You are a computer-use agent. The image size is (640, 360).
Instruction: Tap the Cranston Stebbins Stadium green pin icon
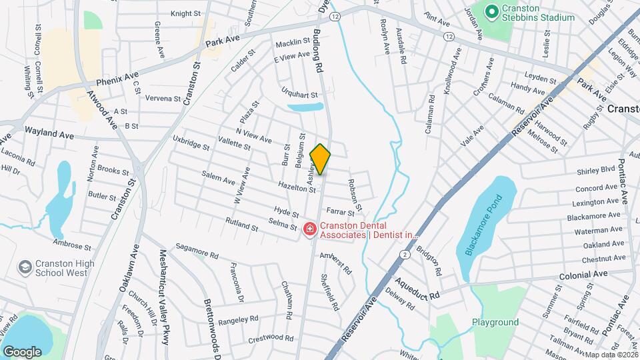pyautogui.click(x=493, y=11)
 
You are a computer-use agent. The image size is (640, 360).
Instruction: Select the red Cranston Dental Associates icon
pyautogui.click(x=309, y=229)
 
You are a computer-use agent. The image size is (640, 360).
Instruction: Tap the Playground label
pyautogui.click(x=495, y=323)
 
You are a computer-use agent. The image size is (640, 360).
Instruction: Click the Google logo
pyautogui.click(x=23, y=351)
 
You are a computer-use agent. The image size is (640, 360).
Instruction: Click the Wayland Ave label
pyautogui.click(x=49, y=135)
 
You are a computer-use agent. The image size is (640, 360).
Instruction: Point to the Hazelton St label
pyautogui.click(x=297, y=189)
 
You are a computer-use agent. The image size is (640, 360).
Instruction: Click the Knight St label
pyautogui.click(x=185, y=13)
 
